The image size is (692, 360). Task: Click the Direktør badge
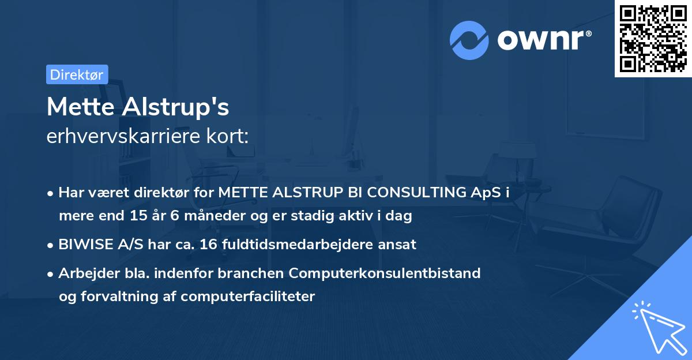coord(77,74)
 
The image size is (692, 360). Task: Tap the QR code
coord(653,39)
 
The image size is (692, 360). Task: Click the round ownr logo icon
coord(469,40)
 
